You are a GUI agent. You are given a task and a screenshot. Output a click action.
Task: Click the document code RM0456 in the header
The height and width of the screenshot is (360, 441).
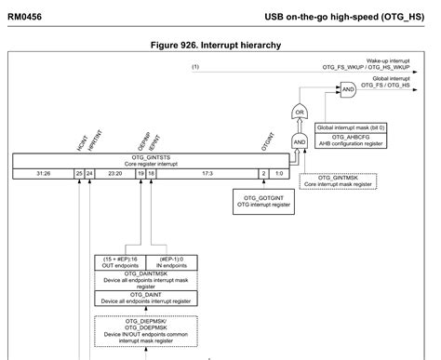point(27,16)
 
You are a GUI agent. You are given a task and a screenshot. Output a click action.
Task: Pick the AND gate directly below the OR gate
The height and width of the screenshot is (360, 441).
point(300,141)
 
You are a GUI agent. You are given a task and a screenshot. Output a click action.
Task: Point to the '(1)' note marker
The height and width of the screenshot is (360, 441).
point(196,67)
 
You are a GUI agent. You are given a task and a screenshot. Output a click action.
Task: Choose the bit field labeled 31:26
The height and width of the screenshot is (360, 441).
point(44,173)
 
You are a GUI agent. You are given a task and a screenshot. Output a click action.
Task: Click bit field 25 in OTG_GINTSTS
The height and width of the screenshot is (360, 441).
point(79,173)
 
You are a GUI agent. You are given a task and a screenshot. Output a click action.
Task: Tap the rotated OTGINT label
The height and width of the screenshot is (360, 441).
point(266,144)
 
